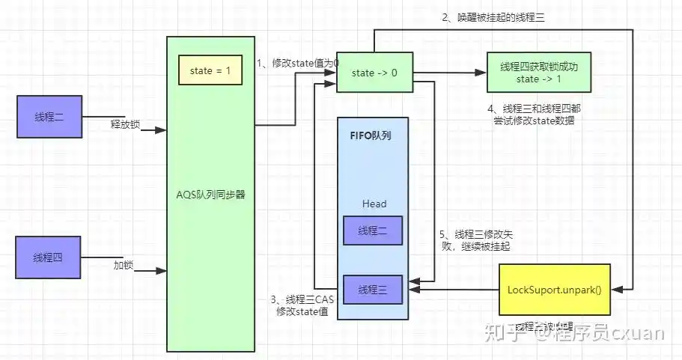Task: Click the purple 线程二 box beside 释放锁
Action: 49,118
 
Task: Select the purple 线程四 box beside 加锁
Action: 49,257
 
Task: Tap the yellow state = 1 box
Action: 210,70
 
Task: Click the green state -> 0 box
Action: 374,73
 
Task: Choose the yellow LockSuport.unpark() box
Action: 554,289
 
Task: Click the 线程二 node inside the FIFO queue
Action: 372,231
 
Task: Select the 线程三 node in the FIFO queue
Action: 372,289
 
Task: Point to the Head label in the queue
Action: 374,204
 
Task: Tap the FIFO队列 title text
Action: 371,136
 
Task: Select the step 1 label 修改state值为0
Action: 297,64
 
